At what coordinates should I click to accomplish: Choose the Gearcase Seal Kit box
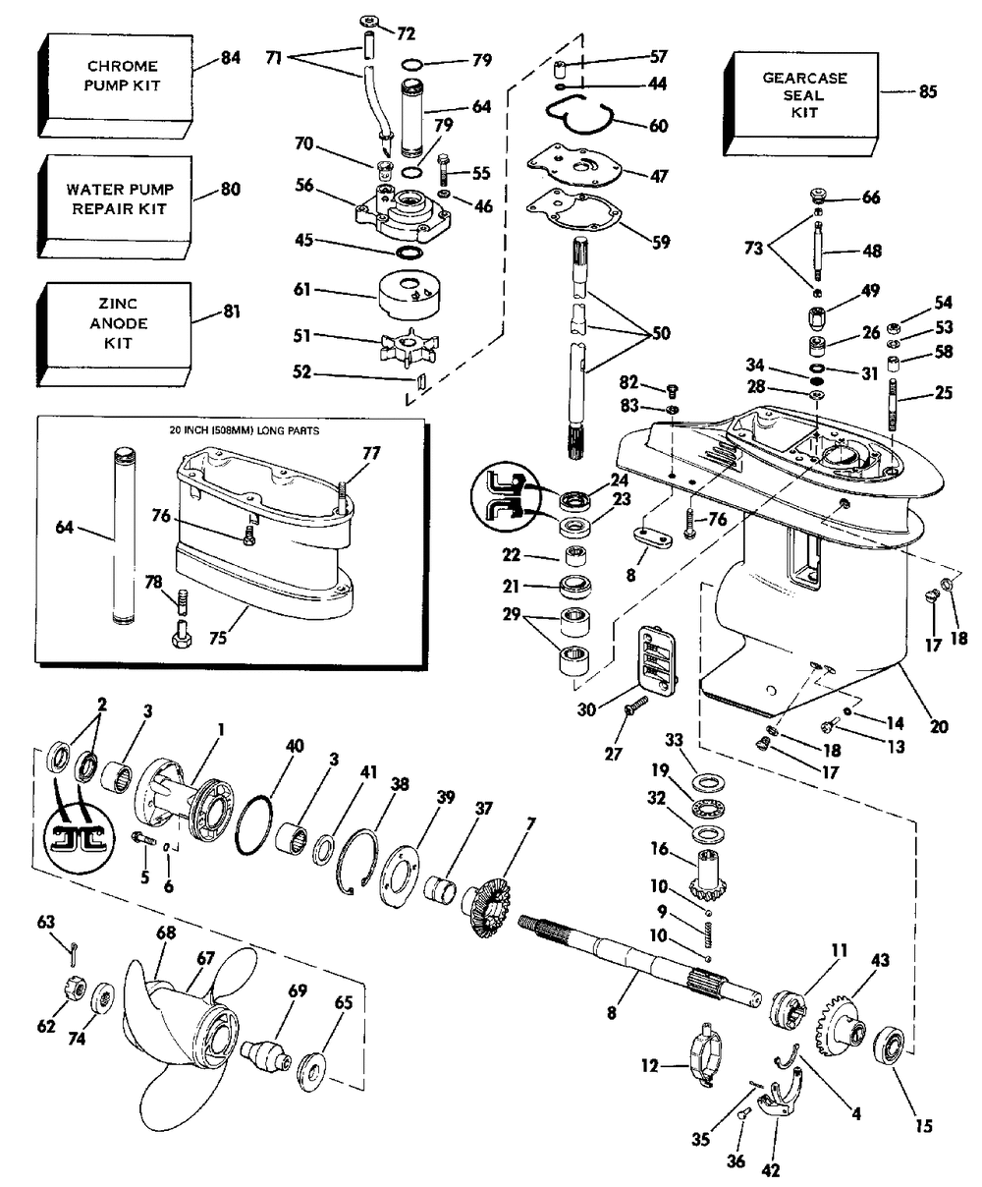click(x=801, y=103)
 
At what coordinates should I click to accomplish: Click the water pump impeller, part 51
click(x=409, y=347)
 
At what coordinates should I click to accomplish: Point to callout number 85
click(x=928, y=91)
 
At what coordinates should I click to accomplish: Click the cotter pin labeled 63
click(x=74, y=954)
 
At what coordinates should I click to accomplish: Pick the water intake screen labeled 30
click(x=657, y=659)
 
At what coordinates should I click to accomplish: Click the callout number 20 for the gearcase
click(x=938, y=726)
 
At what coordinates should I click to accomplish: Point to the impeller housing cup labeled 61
click(x=409, y=296)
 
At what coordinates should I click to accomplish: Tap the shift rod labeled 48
click(x=818, y=251)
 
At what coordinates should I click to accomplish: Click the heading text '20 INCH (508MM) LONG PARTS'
click(x=245, y=430)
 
